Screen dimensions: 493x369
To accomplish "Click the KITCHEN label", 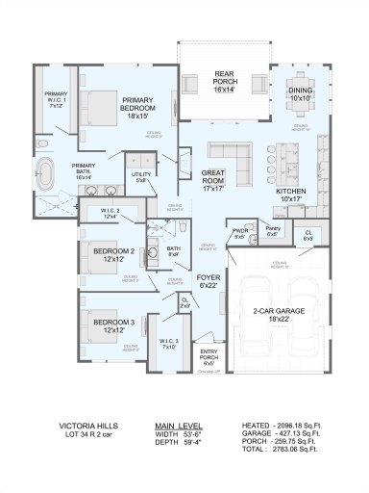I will (292, 195).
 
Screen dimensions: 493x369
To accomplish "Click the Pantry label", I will (272, 231).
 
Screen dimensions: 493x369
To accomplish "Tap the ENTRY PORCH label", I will (209, 356).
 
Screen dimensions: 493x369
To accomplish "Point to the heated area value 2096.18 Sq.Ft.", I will (294, 424).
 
